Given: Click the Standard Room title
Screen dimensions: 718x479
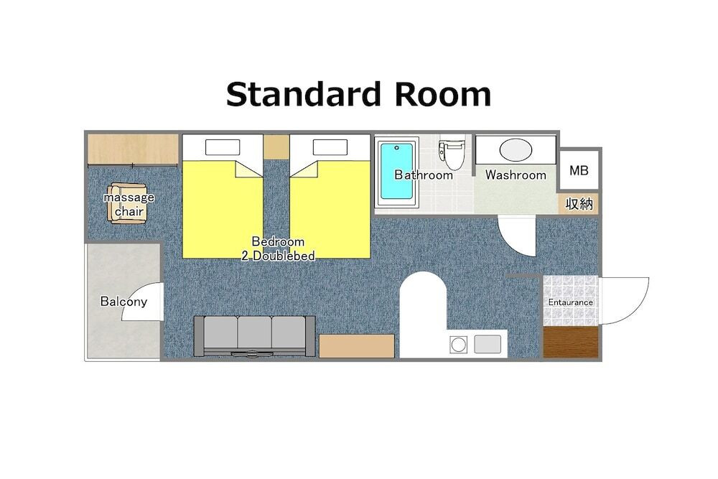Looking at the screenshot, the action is [358, 94].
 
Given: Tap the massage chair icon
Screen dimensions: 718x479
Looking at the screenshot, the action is [128, 203].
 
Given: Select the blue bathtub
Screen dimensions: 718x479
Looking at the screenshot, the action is [396, 171].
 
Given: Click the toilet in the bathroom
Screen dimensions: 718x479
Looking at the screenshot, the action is [451, 152].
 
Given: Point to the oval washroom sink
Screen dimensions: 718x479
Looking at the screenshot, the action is [516, 150].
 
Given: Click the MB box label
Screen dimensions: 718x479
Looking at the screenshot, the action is [579, 170].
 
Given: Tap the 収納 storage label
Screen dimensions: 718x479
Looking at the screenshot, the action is [579, 204].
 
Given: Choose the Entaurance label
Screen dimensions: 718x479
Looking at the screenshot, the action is [571, 302].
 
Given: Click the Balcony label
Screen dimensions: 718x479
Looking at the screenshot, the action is [123, 302].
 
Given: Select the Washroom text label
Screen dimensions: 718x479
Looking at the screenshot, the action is [516, 175].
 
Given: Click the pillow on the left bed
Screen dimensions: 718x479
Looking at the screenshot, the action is [223, 147].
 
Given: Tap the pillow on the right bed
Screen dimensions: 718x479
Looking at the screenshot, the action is [330, 147].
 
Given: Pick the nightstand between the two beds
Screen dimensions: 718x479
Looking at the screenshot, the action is [276, 146].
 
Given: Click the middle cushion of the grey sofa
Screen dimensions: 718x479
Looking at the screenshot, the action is [255, 333].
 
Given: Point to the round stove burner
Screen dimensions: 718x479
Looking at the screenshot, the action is [458, 345].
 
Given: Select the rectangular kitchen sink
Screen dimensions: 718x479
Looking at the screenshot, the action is [488, 345].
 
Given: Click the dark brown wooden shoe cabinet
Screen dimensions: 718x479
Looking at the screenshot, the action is [571, 342].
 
